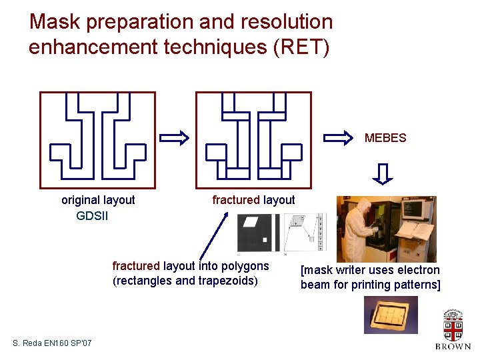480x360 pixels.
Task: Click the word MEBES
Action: point(385,139)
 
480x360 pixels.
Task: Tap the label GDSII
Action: point(92,216)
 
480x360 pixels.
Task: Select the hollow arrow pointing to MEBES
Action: point(337,138)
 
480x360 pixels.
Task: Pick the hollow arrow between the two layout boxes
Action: point(175,138)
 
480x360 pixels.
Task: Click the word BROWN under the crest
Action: point(453,347)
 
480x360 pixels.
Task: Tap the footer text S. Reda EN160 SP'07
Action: point(53,343)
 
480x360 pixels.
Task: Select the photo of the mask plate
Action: point(390,315)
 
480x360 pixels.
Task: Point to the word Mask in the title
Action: point(54,22)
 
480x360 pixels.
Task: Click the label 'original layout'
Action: point(98,200)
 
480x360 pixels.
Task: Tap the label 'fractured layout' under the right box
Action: point(253,200)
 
